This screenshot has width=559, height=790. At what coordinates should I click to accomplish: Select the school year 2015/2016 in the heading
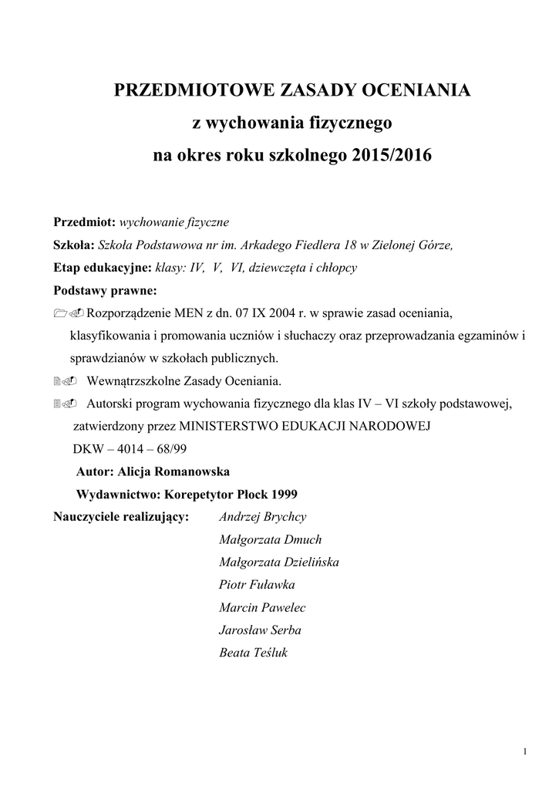(391, 155)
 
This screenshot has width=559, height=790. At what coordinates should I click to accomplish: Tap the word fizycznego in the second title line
(344, 123)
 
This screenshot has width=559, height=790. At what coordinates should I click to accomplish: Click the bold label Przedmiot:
(84, 222)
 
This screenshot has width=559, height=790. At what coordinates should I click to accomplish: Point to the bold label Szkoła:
(73, 245)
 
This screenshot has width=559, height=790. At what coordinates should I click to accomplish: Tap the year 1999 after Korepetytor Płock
(281, 494)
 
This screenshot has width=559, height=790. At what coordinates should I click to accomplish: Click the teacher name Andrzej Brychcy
(262, 517)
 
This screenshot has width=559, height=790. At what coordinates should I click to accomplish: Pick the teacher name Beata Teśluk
(254, 653)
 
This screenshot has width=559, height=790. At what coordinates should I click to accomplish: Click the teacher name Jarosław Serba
(260, 630)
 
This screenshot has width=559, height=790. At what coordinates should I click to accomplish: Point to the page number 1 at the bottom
(524, 752)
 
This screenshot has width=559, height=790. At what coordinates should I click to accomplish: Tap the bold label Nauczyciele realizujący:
(122, 516)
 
